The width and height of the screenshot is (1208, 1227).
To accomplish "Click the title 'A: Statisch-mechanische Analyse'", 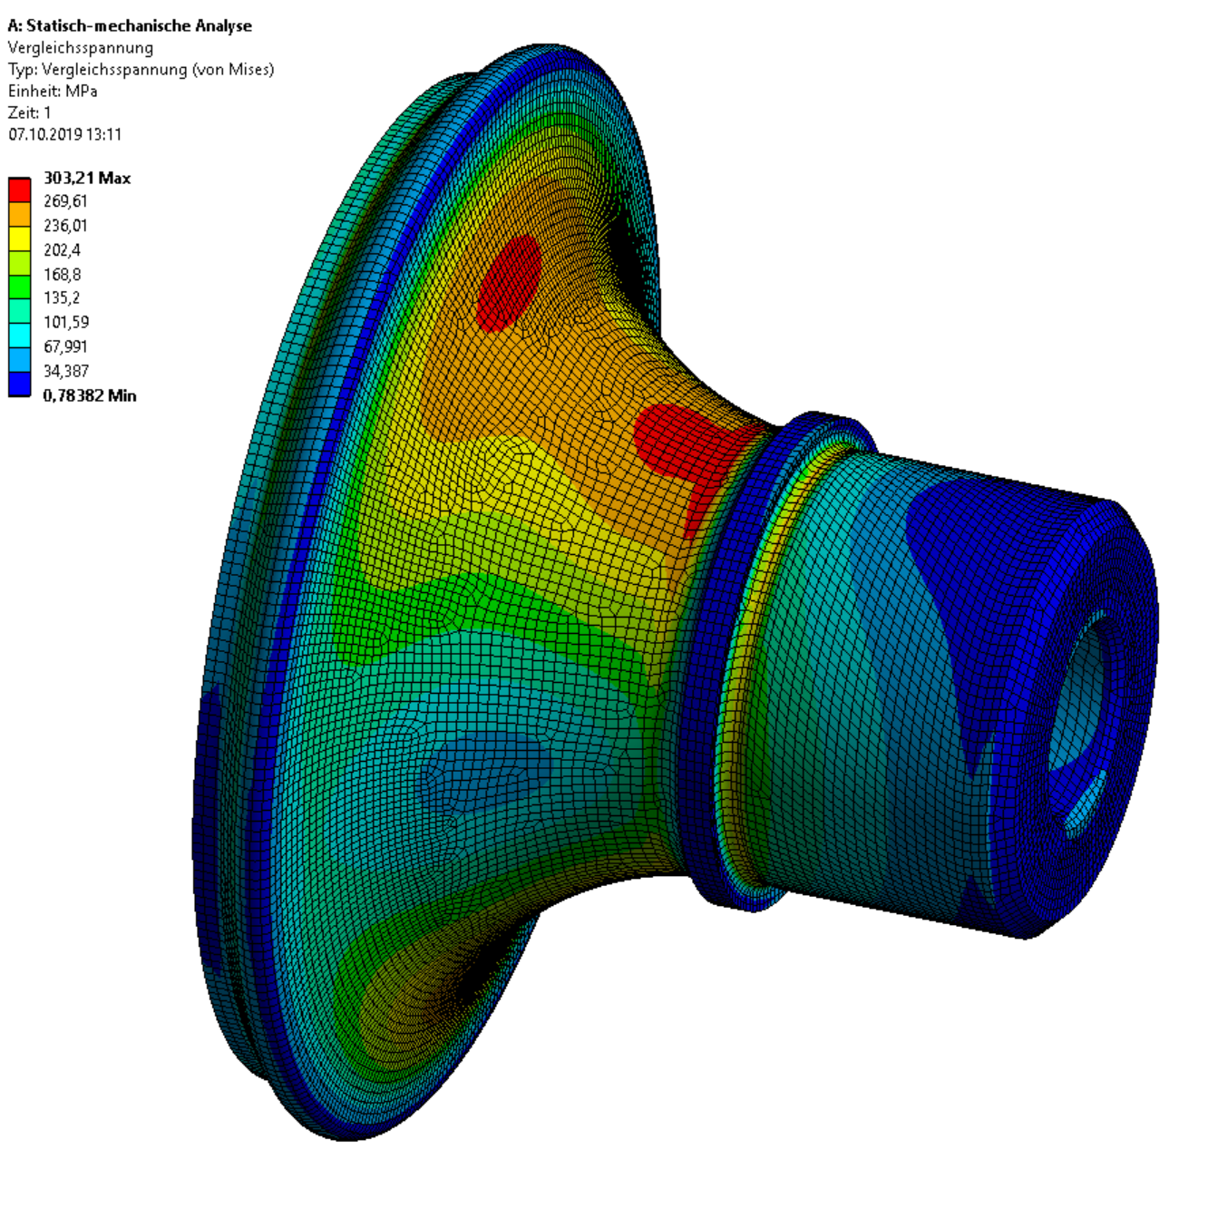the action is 130,26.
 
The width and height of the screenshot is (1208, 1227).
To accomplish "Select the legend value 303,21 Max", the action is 86,179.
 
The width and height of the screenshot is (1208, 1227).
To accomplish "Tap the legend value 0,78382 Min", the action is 90,395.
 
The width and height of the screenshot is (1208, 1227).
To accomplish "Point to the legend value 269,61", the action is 65,201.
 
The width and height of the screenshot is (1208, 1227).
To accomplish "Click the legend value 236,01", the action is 65,226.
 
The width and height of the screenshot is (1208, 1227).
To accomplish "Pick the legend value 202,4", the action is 62,249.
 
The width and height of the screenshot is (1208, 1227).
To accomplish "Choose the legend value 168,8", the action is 62,274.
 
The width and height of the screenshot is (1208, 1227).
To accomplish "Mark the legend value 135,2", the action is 62,297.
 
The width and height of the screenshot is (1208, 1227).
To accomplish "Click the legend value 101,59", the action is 66,322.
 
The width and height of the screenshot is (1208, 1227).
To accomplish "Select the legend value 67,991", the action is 65,346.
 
